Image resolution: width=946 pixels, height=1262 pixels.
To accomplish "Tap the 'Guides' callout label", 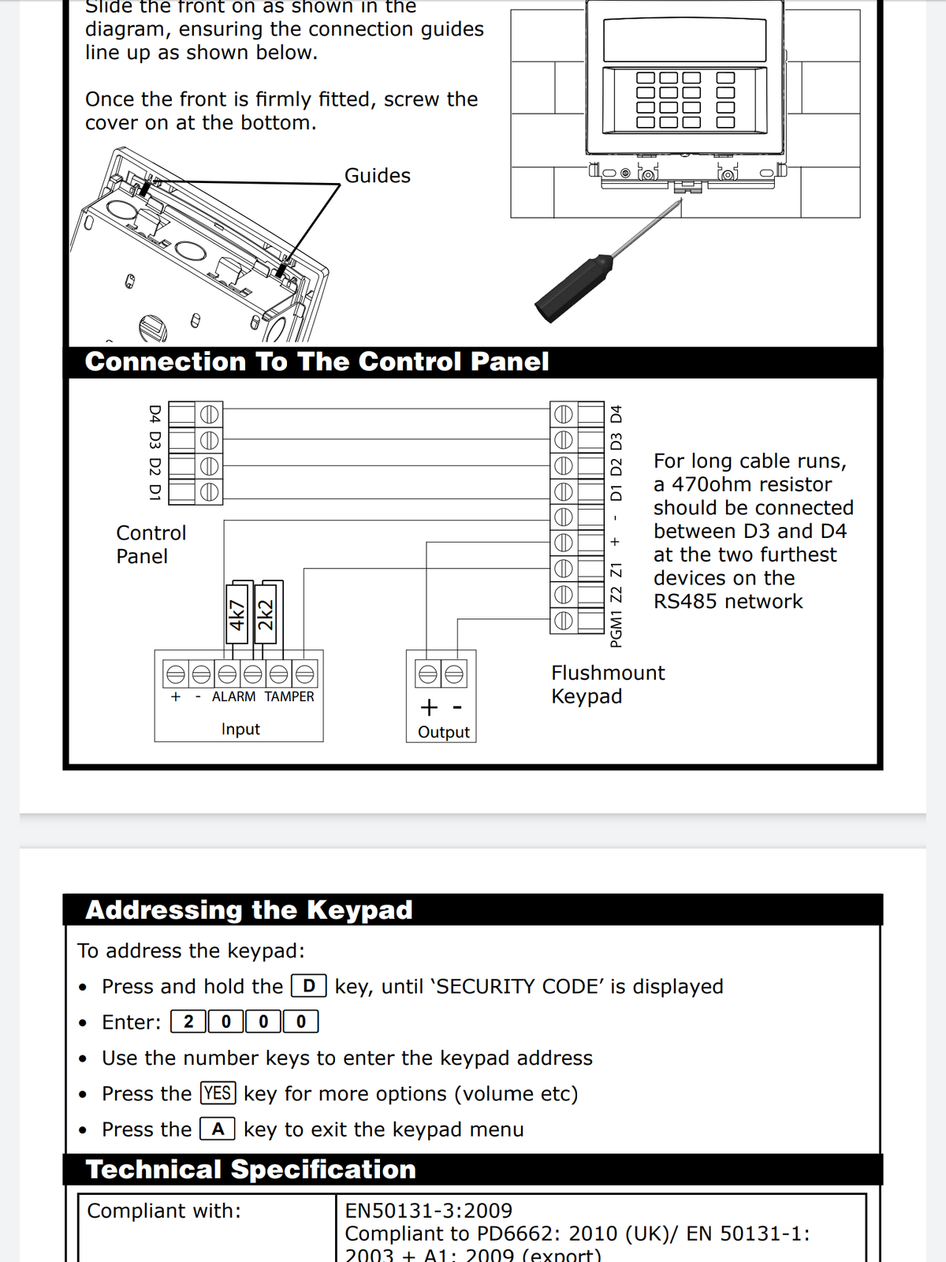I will [377, 176].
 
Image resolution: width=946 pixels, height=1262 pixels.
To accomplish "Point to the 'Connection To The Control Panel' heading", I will [317, 362].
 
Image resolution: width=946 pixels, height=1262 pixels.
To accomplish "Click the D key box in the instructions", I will [309, 986].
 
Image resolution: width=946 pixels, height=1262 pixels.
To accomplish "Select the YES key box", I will [218, 1093].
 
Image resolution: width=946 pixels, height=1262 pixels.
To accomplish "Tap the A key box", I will [218, 1129].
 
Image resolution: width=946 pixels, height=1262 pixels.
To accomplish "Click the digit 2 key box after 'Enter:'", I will [188, 1022].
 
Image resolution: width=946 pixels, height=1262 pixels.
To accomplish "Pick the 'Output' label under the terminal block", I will [444, 732].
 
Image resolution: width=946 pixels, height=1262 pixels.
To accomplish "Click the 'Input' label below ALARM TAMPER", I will [240, 730].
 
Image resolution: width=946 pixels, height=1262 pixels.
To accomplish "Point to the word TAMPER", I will [289, 697].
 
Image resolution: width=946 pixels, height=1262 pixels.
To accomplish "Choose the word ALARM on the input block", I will [233, 697].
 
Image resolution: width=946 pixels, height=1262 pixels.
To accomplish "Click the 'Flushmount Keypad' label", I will [607, 685].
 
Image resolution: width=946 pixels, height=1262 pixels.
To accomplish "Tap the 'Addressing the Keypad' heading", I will [249, 910].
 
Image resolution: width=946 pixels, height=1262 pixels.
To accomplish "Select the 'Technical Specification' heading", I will [251, 1170].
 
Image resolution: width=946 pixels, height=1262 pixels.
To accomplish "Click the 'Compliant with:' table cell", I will [164, 1211].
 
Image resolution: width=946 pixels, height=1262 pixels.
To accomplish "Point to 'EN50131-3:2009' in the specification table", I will [429, 1211].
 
